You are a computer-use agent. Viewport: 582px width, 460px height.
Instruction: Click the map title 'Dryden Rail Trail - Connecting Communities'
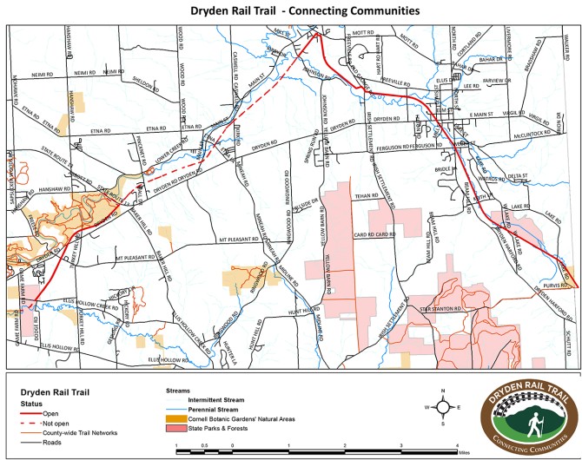coord(291,11)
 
